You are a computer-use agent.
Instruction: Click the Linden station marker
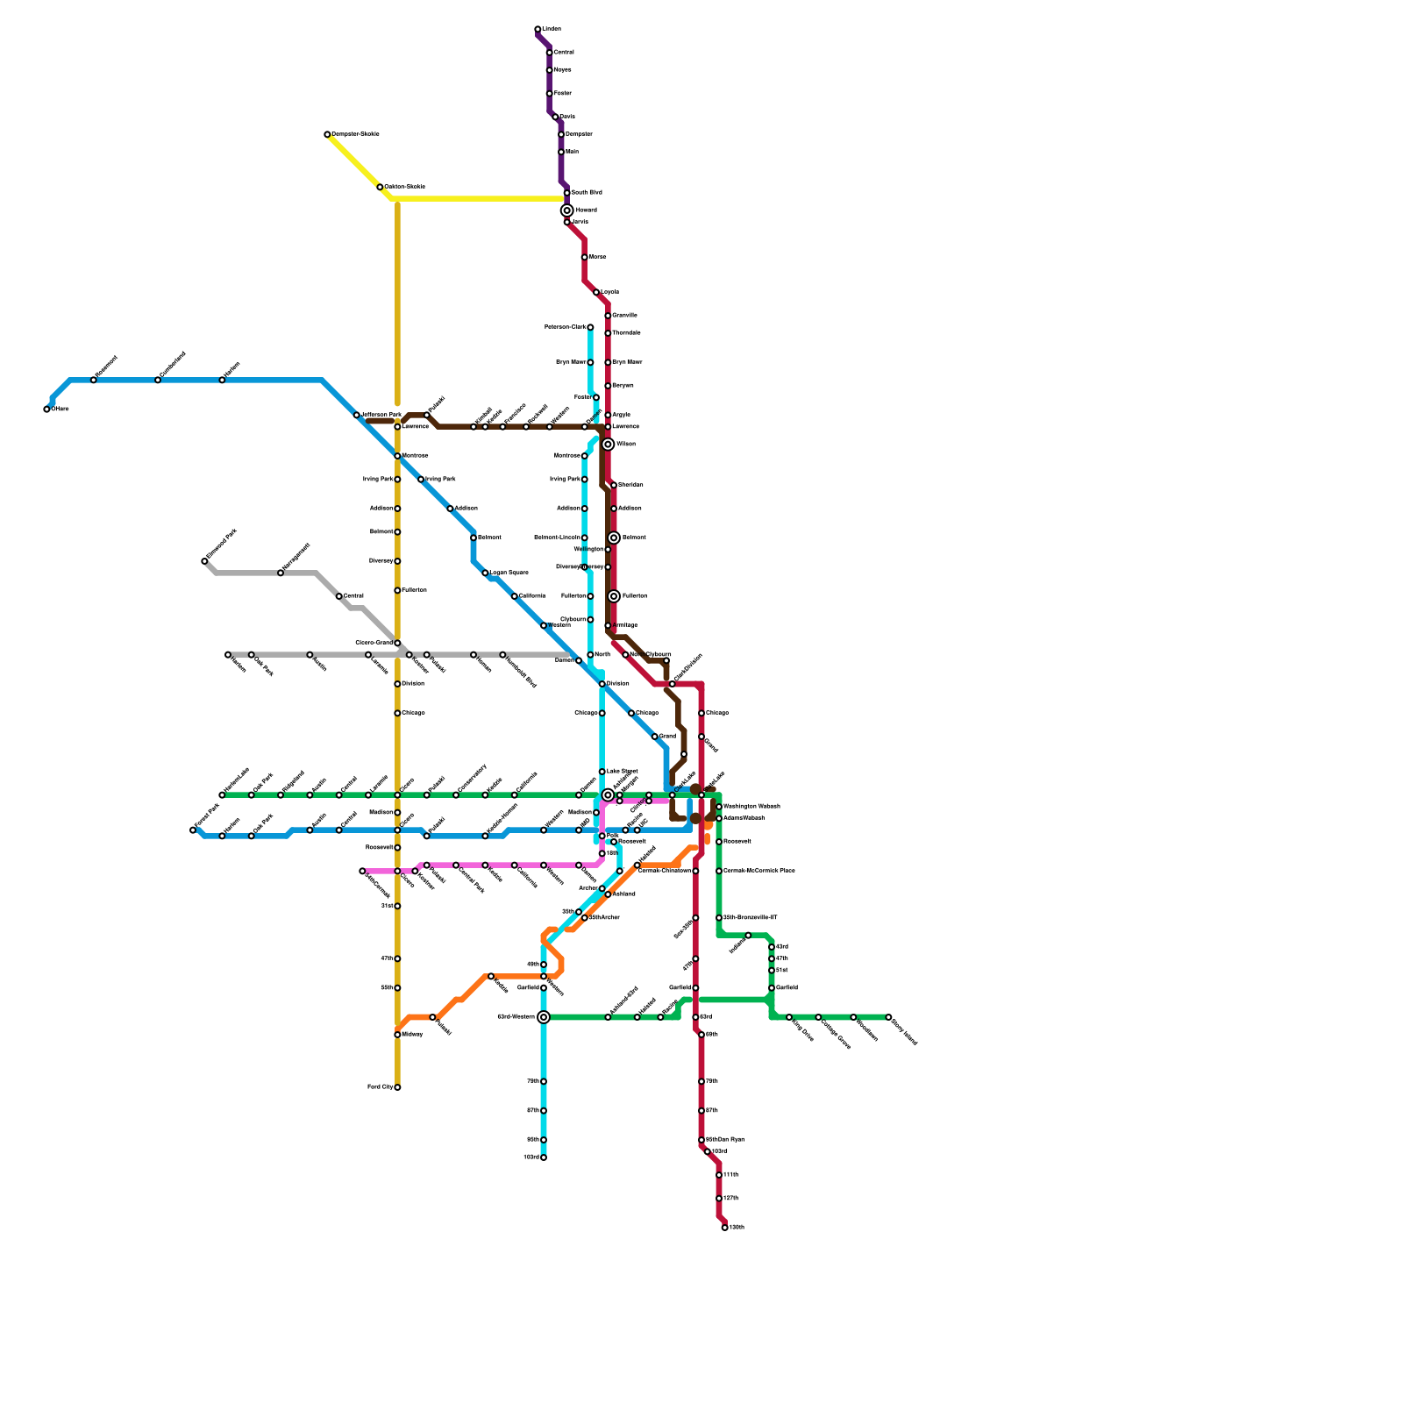coord(538,30)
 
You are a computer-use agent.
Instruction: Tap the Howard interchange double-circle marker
coord(567,210)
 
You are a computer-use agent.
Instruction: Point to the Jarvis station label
coord(580,222)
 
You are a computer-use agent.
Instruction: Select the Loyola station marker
coord(596,292)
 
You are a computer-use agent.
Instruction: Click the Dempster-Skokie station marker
coord(327,134)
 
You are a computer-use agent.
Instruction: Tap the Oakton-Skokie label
coord(404,187)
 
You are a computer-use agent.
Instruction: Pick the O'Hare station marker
coord(46,410)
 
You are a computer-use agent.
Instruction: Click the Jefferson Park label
coord(381,415)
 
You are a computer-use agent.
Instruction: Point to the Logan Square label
coord(509,573)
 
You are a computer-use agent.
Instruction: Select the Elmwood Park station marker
coord(204,561)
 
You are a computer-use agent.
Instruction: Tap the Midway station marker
coord(397,1035)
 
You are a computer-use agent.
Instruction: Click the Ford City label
coord(380,1087)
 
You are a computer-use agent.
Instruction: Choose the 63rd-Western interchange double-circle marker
coord(544,1017)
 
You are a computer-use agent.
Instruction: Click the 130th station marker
coord(724,1228)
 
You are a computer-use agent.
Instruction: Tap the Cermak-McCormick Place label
coord(758,871)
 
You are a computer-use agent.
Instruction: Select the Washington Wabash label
coord(751,806)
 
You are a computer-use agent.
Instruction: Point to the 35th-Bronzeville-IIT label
coord(750,917)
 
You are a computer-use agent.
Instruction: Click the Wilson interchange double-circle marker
coord(608,445)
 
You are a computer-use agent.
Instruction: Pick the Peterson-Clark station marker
coord(590,327)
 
